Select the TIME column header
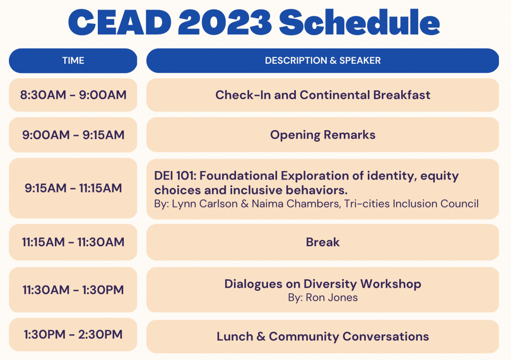pyautogui.click(x=73, y=60)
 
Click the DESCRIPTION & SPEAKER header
pyautogui.click(x=323, y=60)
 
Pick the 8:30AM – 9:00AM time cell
pyautogui.click(x=73, y=95)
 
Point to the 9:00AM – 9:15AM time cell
pyautogui.click(x=73, y=135)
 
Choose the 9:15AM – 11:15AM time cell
pyautogui.click(x=73, y=188)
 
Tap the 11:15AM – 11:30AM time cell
pyautogui.click(x=73, y=242)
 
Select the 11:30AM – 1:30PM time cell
pyautogui.click(x=73, y=290)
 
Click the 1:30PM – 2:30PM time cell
pyautogui.click(x=73, y=335)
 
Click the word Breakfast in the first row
pyautogui.click(x=402, y=95)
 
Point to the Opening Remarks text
pyautogui.click(x=323, y=135)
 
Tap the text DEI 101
pyautogui.click(x=175, y=176)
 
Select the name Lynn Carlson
pyautogui.click(x=205, y=204)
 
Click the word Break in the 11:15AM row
pyautogui.click(x=323, y=242)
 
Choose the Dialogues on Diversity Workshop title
pyautogui.click(x=323, y=284)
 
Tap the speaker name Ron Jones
pyautogui.click(x=332, y=298)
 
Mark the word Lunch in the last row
pyautogui.click(x=235, y=337)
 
